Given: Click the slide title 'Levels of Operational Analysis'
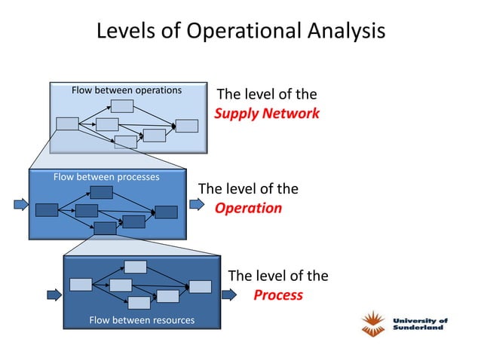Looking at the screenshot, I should coord(240,31).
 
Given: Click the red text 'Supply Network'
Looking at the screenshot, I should coord(267,114).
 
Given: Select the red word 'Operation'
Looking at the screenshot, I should coord(248,208).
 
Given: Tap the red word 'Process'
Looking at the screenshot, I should coord(277,294).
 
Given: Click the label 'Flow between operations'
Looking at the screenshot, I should coord(127,90).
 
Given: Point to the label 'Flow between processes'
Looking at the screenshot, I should coord(106,177).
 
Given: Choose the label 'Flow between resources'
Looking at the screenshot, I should coord(142,320).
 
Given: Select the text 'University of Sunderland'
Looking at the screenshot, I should coord(420,324).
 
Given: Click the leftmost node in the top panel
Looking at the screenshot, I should coord(67,124).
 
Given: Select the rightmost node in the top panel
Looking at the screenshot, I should coord(186,126).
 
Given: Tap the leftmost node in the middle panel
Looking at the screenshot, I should coord(47,209).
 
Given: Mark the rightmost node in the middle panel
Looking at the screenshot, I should coord(166,212).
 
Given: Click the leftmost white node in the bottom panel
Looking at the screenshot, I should coord(81,284).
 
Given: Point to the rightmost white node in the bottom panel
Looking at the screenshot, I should coord(200,286).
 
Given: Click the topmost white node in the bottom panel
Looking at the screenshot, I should coord(136,267).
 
